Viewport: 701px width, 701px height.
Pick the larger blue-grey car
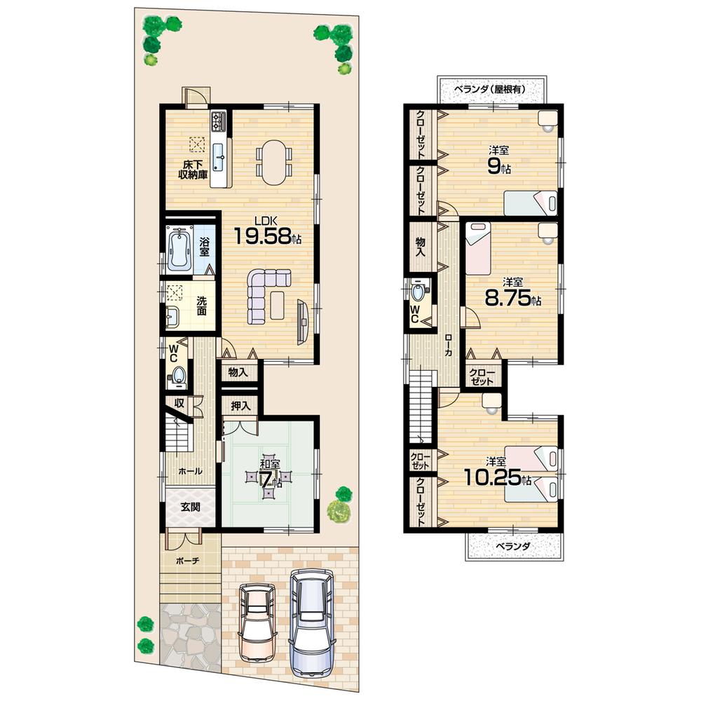click(x=312, y=610)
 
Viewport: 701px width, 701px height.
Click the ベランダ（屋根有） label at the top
click(x=490, y=90)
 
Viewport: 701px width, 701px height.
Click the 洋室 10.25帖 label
click(x=497, y=473)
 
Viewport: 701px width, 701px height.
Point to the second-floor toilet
click(x=420, y=291)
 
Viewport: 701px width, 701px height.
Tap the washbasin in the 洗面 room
click(x=172, y=320)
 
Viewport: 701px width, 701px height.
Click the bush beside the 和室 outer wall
click(x=339, y=505)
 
